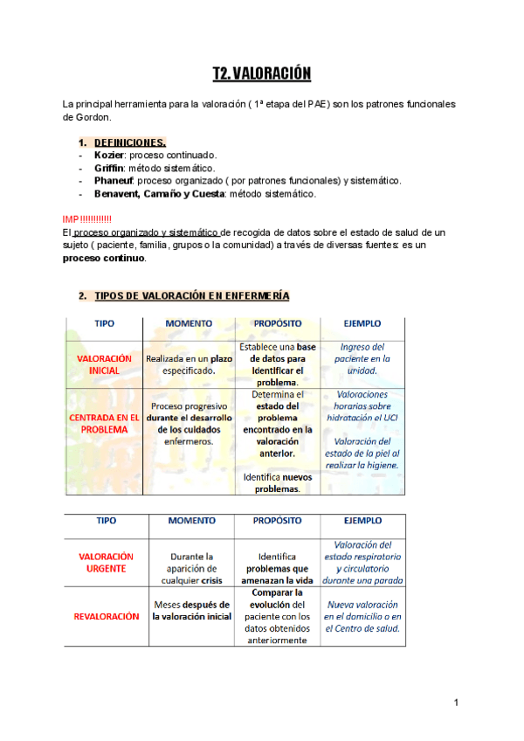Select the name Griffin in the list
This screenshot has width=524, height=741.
click(x=109, y=168)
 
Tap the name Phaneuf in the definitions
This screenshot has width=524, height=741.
click(x=114, y=181)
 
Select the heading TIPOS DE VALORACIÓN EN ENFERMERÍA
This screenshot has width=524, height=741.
click(x=191, y=295)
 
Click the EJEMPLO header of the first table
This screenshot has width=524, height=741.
click(x=362, y=323)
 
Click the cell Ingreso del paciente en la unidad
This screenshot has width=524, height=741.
click(x=362, y=358)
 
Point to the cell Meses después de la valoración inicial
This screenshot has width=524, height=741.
click(x=192, y=610)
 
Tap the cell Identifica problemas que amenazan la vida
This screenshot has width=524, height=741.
click(x=277, y=568)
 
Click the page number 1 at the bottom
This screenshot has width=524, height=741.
click(x=456, y=703)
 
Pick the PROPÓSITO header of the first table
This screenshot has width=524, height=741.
click(x=277, y=323)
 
